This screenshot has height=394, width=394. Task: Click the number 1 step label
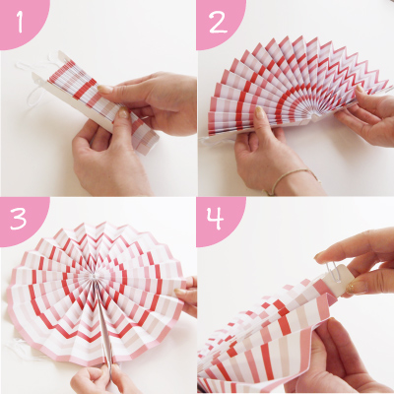tap(20, 22)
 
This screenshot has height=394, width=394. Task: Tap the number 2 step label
tap(218, 22)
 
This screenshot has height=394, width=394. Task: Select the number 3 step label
tap(19, 219)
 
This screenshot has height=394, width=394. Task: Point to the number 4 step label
tap(215, 219)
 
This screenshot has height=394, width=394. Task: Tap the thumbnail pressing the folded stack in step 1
tap(123, 112)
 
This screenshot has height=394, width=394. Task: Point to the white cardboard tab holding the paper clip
tap(338, 278)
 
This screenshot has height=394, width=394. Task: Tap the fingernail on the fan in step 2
tap(259, 112)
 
